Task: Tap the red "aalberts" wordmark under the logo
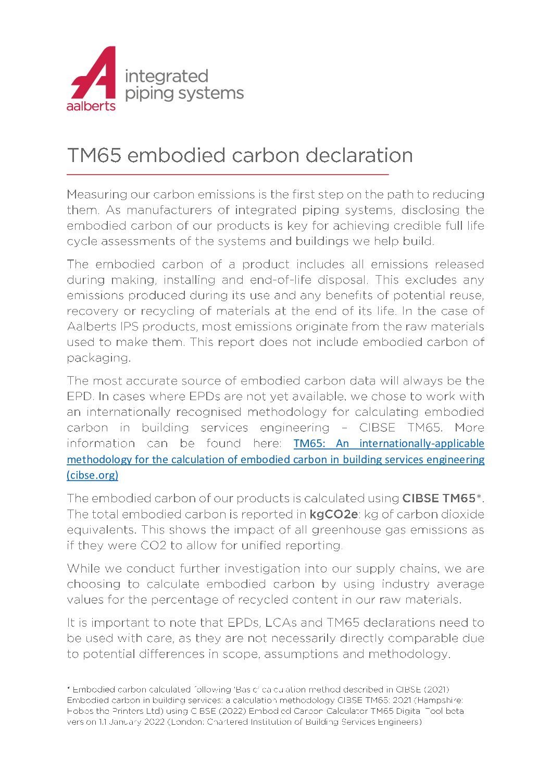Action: [x=91, y=106]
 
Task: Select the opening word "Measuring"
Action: [x=97, y=195]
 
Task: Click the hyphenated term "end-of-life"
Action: [x=282, y=280]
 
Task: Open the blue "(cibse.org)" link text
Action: [x=93, y=475]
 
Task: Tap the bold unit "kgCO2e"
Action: [x=334, y=514]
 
